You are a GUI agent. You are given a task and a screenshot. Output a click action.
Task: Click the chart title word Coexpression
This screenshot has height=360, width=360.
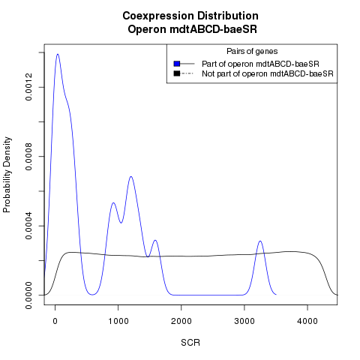pos(158,16)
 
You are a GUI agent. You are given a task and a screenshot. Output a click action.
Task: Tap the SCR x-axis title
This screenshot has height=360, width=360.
pos(190,343)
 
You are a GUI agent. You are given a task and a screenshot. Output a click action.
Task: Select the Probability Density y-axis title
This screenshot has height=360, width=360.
pos(7,175)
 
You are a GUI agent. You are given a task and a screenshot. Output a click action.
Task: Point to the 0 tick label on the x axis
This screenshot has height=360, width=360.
pos(55,321)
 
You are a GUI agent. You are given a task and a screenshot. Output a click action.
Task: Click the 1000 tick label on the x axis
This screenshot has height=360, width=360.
pos(118,321)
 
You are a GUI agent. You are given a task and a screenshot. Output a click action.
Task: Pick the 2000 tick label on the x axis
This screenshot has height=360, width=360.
pos(181,321)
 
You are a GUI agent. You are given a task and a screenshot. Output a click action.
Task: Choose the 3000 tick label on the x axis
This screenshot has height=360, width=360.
pos(244,321)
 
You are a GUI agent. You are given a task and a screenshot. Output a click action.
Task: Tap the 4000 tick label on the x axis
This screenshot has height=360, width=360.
pos(307,321)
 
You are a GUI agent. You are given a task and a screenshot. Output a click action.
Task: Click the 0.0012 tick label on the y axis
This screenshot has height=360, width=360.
pos(28,87)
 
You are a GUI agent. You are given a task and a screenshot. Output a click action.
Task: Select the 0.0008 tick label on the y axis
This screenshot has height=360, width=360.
pos(28,157)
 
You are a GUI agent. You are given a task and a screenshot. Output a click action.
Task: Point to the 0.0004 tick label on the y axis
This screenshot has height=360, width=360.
pos(28,226)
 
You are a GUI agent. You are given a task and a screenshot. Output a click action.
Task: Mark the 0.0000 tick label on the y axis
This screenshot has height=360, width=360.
pos(28,295)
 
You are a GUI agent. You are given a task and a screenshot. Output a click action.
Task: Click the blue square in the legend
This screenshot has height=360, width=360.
pos(177,64)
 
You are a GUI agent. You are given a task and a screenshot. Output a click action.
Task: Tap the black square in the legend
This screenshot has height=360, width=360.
pos(177,73)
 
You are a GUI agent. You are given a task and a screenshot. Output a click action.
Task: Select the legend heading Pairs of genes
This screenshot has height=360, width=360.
pos(252,52)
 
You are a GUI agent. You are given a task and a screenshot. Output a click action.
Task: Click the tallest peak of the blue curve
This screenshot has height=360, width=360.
pos(58,54)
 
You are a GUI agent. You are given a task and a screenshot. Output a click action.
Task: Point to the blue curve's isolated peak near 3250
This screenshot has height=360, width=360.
pos(260,241)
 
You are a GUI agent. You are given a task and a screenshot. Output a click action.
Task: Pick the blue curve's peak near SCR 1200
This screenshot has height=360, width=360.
pos(130,177)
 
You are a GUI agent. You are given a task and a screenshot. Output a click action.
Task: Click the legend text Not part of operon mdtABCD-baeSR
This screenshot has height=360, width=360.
pos(268,74)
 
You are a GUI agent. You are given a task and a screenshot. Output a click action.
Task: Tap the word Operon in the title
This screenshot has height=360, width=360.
pos(147,29)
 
